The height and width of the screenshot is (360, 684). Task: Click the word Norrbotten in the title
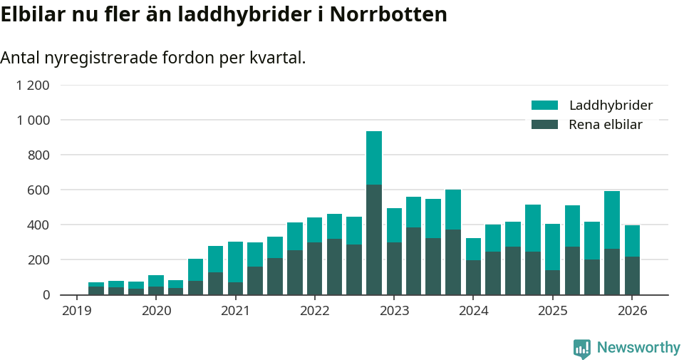click(x=387, y=14)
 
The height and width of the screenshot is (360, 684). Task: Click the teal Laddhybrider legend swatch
click(x=544, y=106)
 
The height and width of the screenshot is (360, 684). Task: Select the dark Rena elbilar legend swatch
click(x=544, y=125)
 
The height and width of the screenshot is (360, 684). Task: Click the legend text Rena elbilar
click(x=606, y=125)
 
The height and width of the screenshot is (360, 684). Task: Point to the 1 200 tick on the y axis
click(x=33, y=86)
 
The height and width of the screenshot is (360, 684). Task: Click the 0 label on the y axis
click(x=46, y=294)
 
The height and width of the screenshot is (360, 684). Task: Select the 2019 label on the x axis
click(x=76, y=310)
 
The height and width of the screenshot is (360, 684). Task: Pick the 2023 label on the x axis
click(x=394, y=310)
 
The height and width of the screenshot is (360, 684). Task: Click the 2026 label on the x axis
click(x=632, y=310)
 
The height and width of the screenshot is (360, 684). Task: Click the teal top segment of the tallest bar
click(x=374, y=158)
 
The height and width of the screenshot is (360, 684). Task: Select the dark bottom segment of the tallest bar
click(x=374, y=240)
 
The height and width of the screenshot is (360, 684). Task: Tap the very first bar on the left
click(x=96, y=289)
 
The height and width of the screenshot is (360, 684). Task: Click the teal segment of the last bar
click(x=632, y=241)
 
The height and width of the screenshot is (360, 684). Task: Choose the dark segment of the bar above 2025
click(x=552, y=282)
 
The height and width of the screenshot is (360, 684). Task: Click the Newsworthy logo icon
click(x=581, y=348)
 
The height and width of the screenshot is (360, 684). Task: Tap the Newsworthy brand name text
click(x=638, y=348)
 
